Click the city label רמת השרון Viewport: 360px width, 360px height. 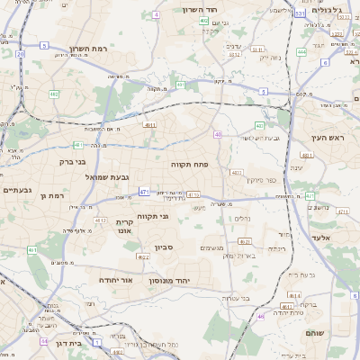[87, 48]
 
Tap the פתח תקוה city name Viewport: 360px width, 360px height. [190, 165]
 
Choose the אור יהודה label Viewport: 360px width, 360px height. [116, 280]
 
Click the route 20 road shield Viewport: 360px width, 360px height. [20, 54]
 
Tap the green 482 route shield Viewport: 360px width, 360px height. [54, 94]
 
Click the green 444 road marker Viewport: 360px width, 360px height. [301, 52]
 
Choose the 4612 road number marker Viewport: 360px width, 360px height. [100, 220]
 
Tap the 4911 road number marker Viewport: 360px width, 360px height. [149, 126]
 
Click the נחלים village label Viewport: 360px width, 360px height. [241, 219]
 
